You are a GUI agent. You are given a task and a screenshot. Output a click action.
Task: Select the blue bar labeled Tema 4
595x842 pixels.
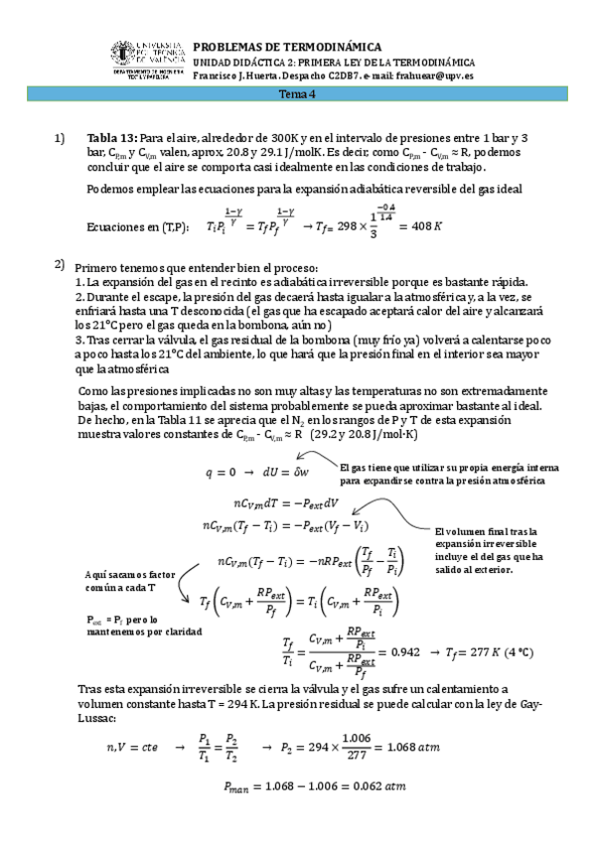tap(297, 95)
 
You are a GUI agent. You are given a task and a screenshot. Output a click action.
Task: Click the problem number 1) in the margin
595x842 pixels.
tap(61, 137)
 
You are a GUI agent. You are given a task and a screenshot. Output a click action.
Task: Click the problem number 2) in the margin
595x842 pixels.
tap(61, 264)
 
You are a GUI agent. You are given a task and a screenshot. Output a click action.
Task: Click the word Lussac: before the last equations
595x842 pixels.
tap(96, 716)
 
